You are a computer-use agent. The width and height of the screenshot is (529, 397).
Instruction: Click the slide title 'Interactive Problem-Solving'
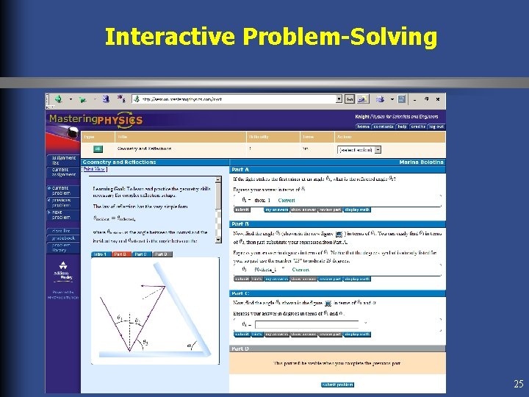270,36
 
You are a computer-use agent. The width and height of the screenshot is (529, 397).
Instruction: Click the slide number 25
519,384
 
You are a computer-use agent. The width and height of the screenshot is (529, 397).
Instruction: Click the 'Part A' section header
242,170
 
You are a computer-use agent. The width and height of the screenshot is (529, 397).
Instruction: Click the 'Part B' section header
242,223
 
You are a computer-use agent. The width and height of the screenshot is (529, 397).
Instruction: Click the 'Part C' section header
242,293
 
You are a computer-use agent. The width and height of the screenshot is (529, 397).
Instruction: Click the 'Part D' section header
242,348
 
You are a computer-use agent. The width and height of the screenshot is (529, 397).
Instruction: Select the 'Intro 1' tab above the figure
100,254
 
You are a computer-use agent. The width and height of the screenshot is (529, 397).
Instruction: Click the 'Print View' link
94,169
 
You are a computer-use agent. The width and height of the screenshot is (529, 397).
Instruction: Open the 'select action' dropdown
359,149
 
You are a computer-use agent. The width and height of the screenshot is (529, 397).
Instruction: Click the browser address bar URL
235,99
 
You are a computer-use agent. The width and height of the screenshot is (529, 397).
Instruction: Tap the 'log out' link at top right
436,126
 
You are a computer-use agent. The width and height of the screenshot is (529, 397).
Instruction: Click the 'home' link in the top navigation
363,126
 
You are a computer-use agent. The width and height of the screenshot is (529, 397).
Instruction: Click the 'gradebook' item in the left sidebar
62,237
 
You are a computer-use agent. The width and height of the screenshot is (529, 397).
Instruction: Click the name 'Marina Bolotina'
422,162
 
